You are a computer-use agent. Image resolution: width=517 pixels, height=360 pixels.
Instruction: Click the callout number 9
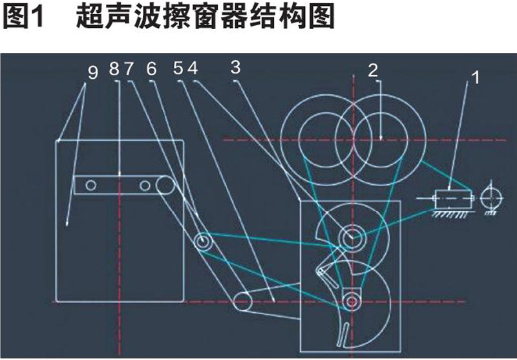click(x=93, y=72)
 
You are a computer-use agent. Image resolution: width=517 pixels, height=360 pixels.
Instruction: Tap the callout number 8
click(x=114, y=69)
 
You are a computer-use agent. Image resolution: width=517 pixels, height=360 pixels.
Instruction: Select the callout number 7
click(x=129, y=69)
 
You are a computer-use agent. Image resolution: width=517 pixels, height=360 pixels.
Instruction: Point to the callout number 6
click(x=151, y=69)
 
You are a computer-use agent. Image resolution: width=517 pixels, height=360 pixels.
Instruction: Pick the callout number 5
click(x=178, y=69)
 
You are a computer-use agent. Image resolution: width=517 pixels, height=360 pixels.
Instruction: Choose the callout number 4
click(x=193, y=69)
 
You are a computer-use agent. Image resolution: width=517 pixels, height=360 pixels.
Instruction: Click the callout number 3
click(x=236, y=68)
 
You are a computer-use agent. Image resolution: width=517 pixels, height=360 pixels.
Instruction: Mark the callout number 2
click(x=373, y=70)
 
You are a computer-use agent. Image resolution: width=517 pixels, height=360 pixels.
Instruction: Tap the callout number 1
click(x=475, y=78)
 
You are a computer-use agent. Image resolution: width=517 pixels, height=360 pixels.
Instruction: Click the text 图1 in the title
click(x=23, y=16)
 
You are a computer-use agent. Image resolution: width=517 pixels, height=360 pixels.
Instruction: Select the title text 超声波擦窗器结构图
click(x=206, y=16)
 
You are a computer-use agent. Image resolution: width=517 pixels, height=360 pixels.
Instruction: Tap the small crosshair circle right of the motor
click(x=492, y=198)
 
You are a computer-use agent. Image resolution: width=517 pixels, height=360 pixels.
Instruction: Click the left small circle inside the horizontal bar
click(x=90, y=185)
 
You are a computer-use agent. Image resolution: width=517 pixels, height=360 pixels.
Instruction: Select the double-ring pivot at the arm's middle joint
click(x=202, y=242)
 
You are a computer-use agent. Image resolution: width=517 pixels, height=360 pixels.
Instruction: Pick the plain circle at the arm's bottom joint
click(x=243, y=301)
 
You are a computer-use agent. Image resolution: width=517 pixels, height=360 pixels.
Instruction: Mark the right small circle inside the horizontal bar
click(x=145, y=185)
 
